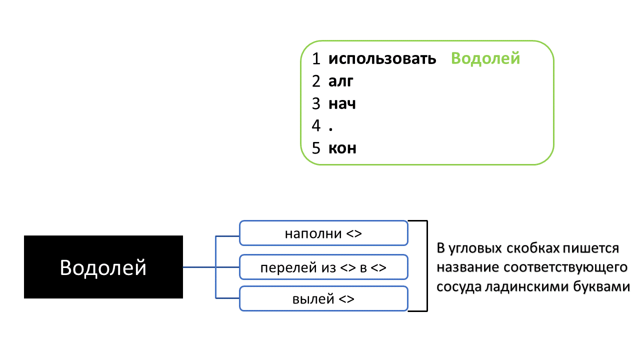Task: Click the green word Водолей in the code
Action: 485,58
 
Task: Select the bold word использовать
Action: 382,59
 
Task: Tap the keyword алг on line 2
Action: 341,81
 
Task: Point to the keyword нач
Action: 342,103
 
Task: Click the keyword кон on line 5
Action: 342,148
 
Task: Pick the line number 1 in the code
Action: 316,59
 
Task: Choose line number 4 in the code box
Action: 316,126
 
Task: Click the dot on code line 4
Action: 331,129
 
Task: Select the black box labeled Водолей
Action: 103,267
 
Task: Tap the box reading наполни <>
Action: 323,233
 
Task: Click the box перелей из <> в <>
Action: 323,267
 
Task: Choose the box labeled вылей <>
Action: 323,299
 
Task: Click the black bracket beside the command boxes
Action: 426,266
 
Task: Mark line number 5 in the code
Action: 316,148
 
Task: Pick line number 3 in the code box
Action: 316,103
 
